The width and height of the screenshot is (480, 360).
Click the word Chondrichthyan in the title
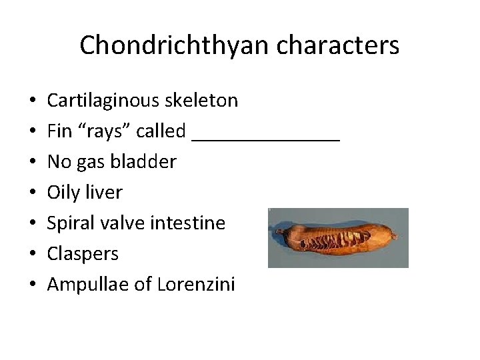[x=171, y=45]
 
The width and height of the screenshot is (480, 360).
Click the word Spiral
[x=69, y=223]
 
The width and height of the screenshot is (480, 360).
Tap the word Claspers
[x=83, y=254]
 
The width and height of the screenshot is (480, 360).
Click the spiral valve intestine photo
[x=338, y=238]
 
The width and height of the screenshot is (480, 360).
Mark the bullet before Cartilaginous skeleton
[x=33, y=101]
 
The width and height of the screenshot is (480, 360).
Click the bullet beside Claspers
[x=33, y=255]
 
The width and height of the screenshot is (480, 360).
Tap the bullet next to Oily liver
[x=33, y=193]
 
